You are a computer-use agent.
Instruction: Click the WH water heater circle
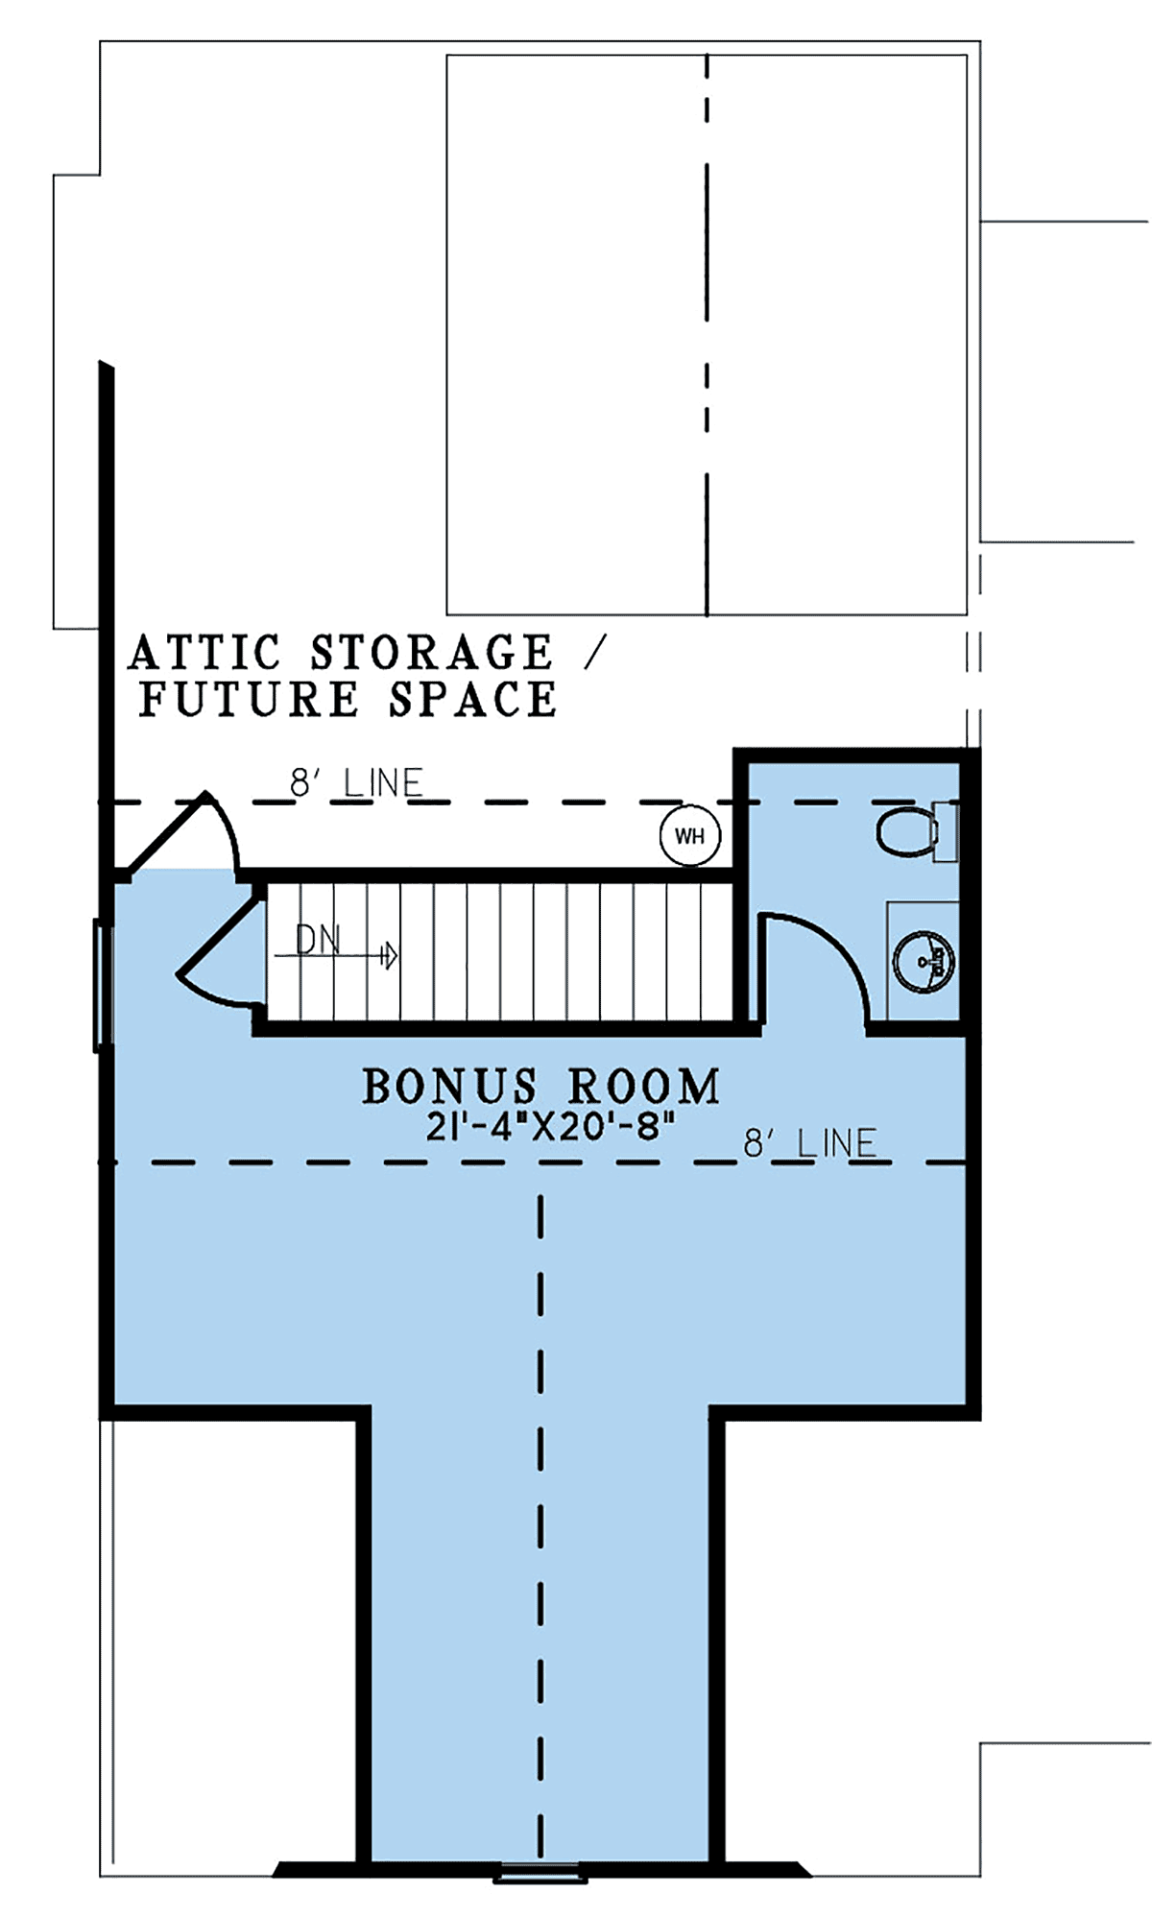point(690,835)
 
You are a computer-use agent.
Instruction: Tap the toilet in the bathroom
point(917,831)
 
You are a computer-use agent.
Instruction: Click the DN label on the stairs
point(319,940)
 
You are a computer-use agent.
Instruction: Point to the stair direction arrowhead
point(390,955)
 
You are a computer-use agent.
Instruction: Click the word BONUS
point(449,1087)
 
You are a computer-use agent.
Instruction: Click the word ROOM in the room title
point(643,1087)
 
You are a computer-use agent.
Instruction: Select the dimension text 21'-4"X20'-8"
point(544,1126)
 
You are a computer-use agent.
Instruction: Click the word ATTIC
point(204,653)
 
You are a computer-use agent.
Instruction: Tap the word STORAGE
point(432,653)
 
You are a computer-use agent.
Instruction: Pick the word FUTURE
point(249,699)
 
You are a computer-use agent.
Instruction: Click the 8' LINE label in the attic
point(356,783)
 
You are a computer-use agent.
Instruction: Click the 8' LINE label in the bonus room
point(810,1143)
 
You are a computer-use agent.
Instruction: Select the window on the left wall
point(102,985)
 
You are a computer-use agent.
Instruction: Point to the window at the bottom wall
point(540,1873)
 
